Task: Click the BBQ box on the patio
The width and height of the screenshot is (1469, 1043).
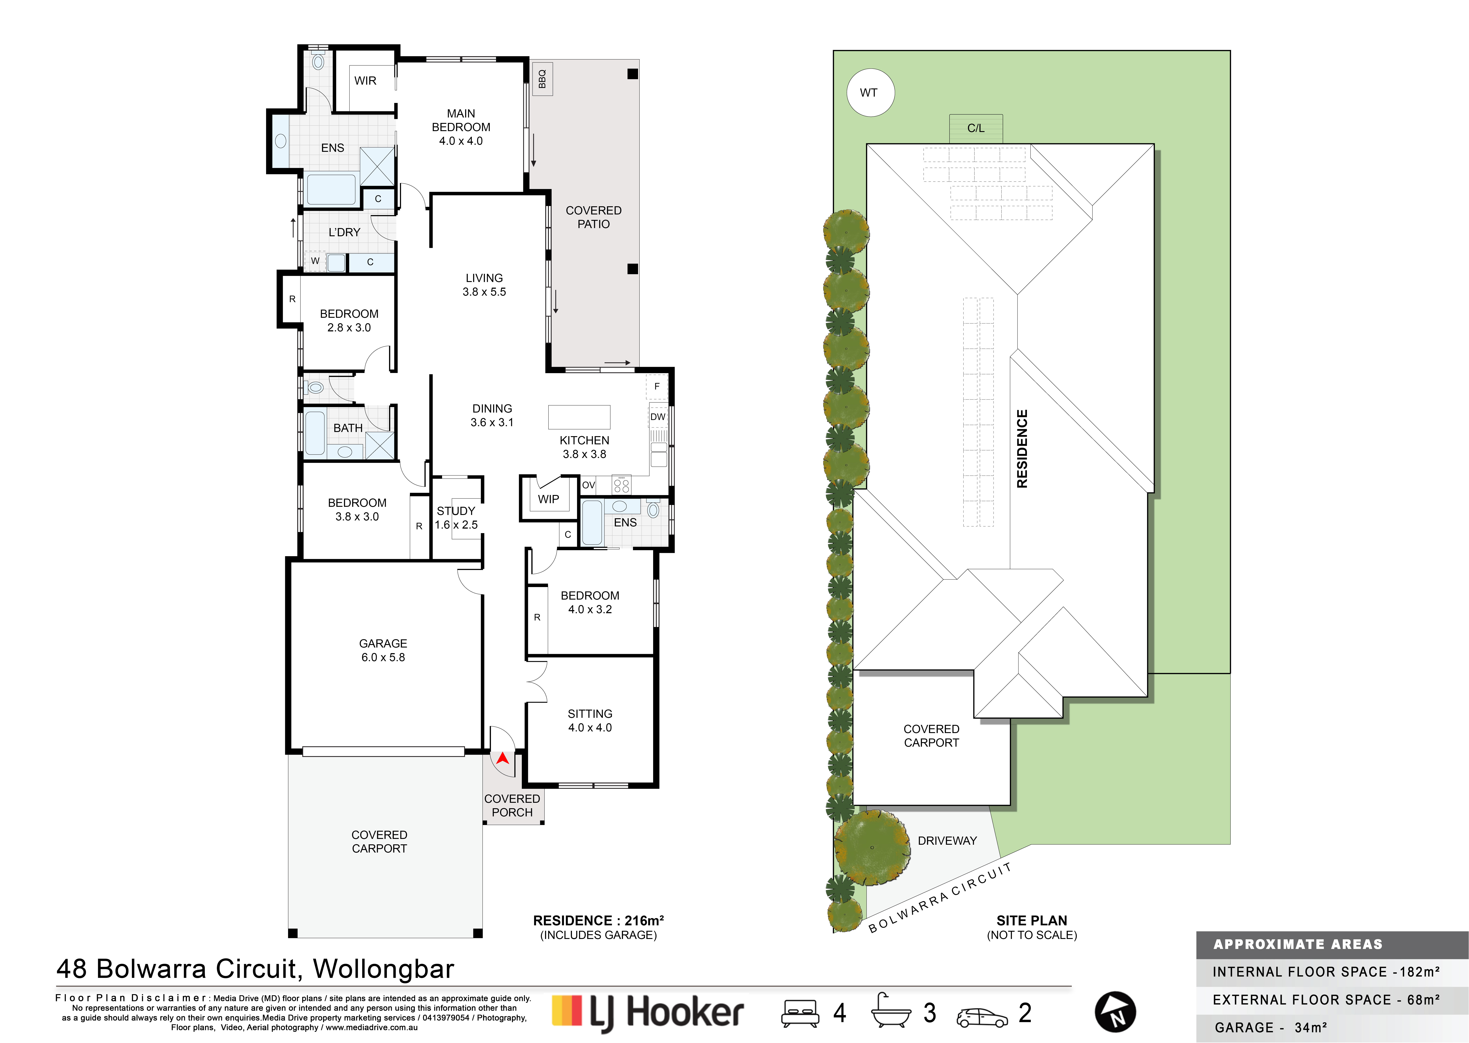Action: (x=541, y=78)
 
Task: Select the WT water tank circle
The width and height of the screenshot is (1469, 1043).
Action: (x=870, y=92)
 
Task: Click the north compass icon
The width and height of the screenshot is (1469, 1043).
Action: (x=1115, y=1012)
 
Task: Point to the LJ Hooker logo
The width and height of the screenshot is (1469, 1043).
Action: (x=648, y=1013)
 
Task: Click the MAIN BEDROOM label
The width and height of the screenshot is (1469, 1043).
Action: (x=461, y=120)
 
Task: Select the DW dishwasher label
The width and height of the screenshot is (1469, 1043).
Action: (x=658, y=417)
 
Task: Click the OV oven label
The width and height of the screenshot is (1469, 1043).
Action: (x=588, y=485)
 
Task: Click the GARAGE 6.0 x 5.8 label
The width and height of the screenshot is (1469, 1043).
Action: (x=383, y=650)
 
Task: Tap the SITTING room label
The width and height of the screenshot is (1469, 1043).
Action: (x=590, y=714)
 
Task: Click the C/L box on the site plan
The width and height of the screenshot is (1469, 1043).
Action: (x=976, y=128)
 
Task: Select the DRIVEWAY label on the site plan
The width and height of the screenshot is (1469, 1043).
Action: (x=947, y=841)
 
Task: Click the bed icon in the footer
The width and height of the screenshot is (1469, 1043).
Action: (x=800, y=1013)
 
